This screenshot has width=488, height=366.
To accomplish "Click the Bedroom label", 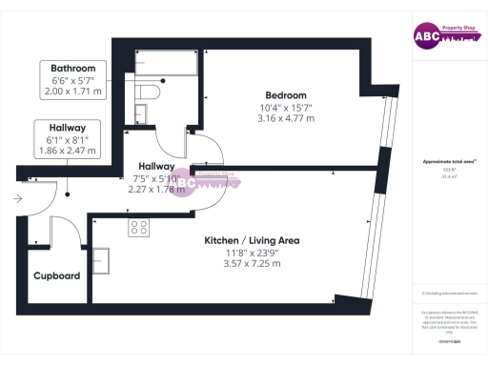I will point(286,95).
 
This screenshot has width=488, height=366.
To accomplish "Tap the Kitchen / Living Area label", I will point(252,241).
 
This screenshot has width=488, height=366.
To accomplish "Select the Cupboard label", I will point(56,276).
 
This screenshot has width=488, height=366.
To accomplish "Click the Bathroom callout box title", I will point(73,69).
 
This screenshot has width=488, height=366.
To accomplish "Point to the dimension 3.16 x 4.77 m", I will point(286,119).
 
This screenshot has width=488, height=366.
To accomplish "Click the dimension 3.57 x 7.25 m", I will point(252,264).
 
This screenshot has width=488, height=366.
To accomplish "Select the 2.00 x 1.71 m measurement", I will point(73,93).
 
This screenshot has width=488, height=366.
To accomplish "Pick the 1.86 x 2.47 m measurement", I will point(60,152).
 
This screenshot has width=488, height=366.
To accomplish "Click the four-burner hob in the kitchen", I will point(139,227).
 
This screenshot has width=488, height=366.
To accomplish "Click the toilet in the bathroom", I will point(145,91).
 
